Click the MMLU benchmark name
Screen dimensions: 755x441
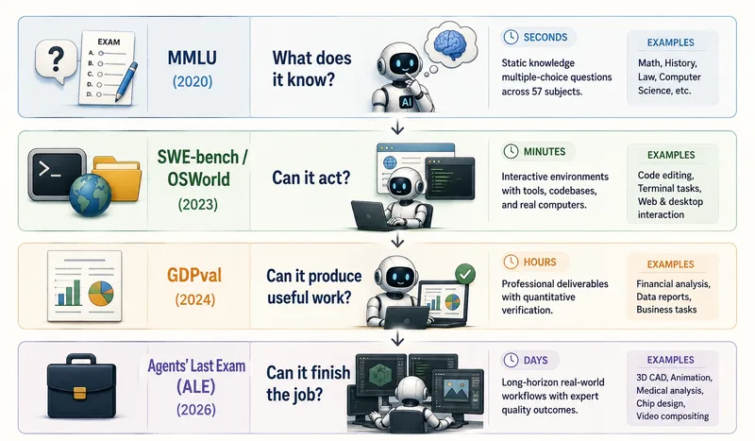193,58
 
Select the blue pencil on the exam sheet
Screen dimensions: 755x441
126,81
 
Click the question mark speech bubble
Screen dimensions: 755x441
56,60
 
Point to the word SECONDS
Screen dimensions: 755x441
545,37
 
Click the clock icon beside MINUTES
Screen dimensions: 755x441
511,151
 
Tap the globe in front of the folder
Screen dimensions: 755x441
90,195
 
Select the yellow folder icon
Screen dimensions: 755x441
117,178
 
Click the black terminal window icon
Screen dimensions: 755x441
57,174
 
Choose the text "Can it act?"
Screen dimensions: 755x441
311,178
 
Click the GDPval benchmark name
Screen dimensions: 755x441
194,275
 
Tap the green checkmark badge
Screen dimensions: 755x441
465,274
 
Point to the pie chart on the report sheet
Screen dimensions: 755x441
101,293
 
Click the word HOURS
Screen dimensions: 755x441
540,263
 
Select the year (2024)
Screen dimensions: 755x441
195,299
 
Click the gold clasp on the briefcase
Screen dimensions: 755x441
80,393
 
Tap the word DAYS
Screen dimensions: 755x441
535,360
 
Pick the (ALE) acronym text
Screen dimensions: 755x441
195,386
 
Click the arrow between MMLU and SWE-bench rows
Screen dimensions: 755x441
397,127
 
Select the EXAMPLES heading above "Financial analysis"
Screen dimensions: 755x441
670,264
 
